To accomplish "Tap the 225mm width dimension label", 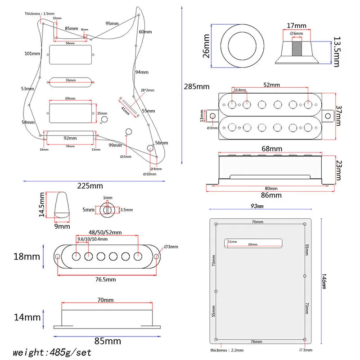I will [90, 186].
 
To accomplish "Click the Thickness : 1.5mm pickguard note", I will [40, 14].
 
